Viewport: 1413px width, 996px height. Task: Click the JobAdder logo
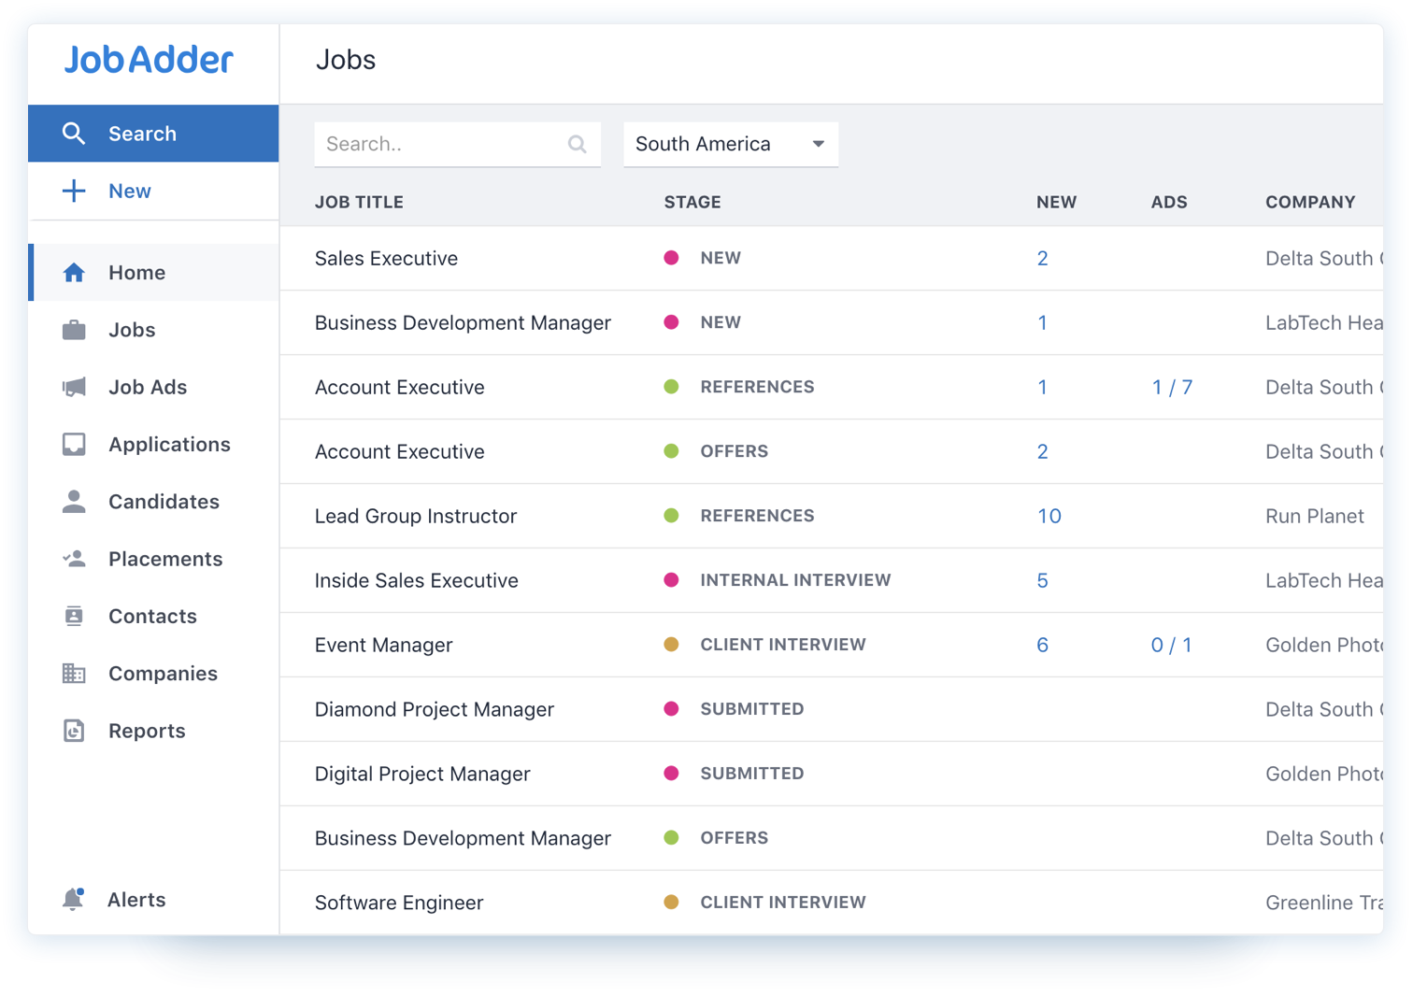(149, 61)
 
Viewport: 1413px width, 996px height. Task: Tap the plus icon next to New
(74, 192)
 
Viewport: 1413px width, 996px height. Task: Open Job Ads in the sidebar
(147, 387)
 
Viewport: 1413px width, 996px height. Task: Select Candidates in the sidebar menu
(164, 502)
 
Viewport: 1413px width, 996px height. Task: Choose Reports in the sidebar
(147, 731)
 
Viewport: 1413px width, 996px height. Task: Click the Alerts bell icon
(73, 899)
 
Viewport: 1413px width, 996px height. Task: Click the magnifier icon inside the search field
(578, 144)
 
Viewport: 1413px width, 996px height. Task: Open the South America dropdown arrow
(818, 144)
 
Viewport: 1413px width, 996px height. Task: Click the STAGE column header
(692, 203)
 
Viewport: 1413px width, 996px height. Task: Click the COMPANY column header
(1310, 203)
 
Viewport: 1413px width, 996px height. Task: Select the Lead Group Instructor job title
(416, 516)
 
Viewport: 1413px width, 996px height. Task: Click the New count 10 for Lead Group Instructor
(1049, 516)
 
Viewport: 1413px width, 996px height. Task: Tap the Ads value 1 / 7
(1172, 387)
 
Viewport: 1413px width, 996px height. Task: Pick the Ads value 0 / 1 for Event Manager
(1171, 645)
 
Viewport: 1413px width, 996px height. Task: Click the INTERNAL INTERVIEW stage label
(795, 580)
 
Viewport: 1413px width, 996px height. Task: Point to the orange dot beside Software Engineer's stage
(671, 903)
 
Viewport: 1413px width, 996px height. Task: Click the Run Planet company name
(1314, 516)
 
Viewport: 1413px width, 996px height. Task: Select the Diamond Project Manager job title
(435, 709)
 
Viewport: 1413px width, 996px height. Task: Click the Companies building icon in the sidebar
(74, 674)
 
